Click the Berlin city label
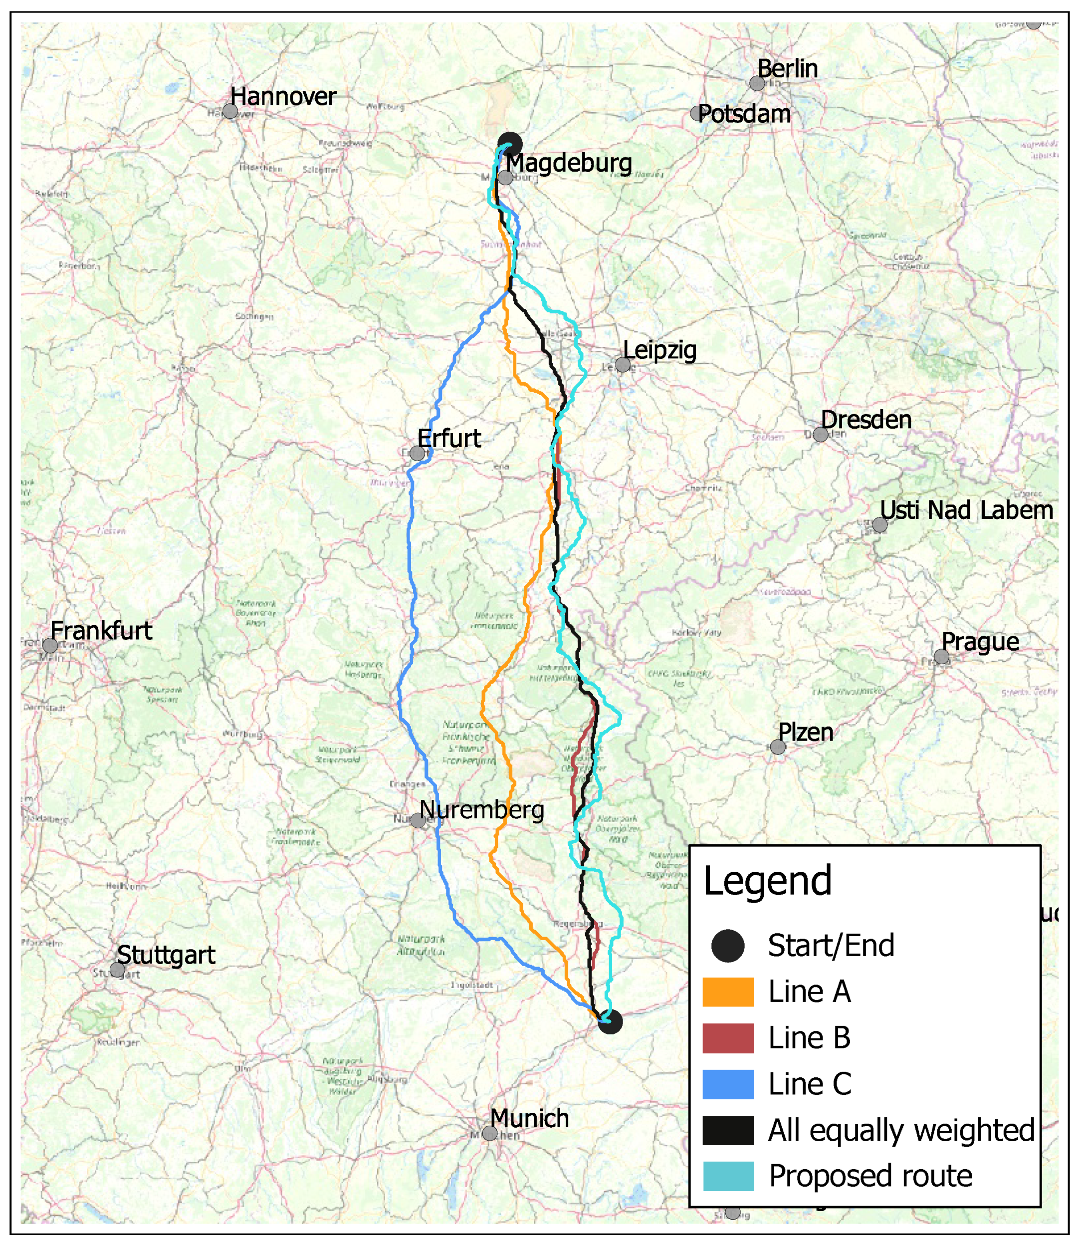[x=787, y=68]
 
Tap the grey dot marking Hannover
[x=230, y=111]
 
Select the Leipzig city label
[x=659, y=350]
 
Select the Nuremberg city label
[x=481, y=809]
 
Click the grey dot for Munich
[x=490, y=1133]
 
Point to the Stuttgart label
[x=166, y=955]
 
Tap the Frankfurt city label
[x=101, y=631]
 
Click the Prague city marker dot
[x=941, y=657]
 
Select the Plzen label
[x=805, y=732]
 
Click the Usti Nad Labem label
[x=966, y=510]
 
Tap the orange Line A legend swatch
[x=728, y=992]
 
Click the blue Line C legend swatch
[x=728, y=1084]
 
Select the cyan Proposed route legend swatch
[x=728, y=1176]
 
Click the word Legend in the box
[x=767, y=881]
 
